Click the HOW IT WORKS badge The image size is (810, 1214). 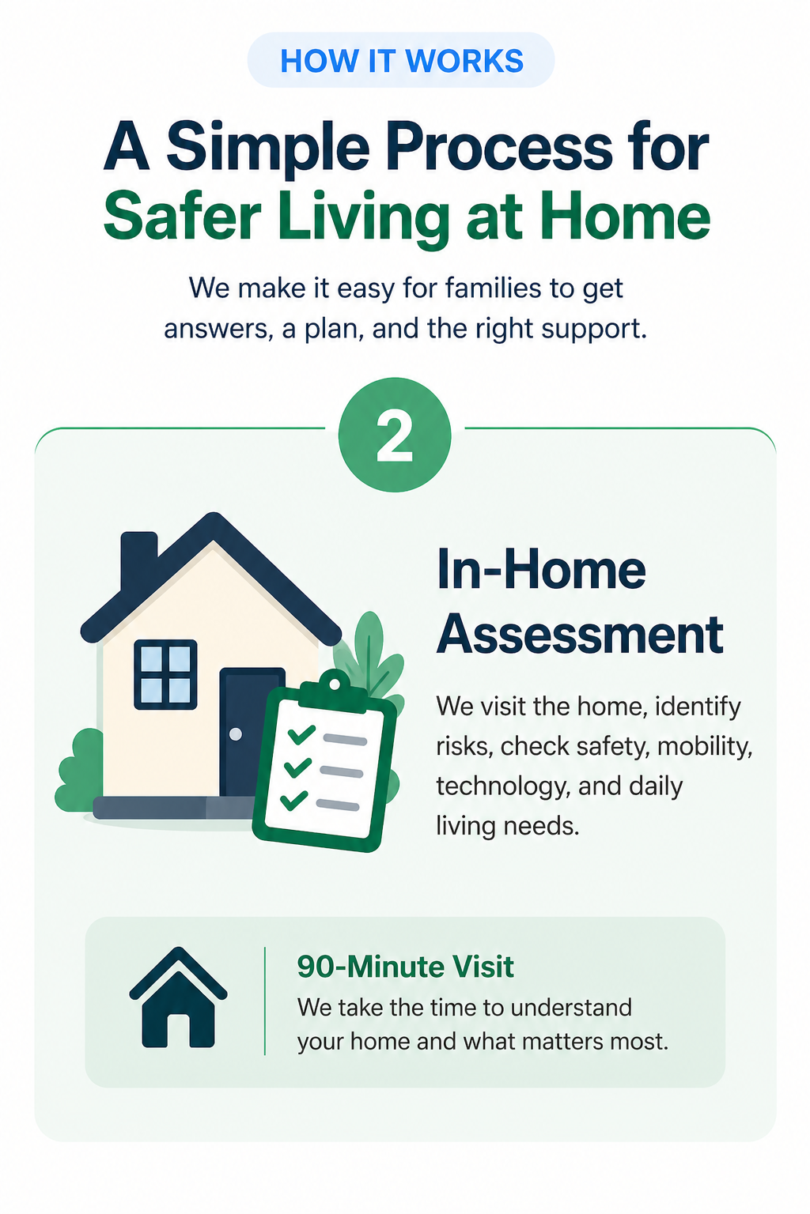[x=401, y=61]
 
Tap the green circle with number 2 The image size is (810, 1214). [x=395, y=435]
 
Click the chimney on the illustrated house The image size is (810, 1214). [x=138, y=557]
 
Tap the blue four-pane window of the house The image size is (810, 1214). [x=165, y=674]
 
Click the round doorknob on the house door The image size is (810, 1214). [x=235, y=734]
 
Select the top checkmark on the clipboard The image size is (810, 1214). [x=301, y=734]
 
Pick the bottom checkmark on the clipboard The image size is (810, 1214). [x=293, y=799]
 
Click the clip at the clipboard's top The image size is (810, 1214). [x=335, y=682]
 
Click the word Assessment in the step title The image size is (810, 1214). [x=580, y=635]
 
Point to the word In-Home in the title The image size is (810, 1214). [x=541, y=570]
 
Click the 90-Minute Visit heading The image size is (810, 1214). [x=405, y=967]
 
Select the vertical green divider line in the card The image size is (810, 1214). [x=264, y=1001]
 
